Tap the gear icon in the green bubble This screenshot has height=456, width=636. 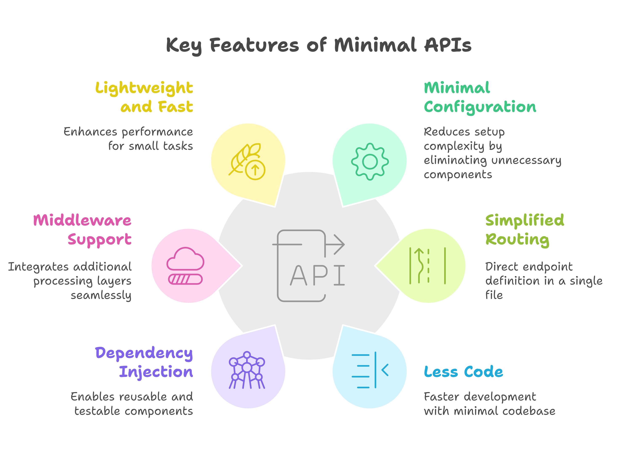pyautogui.click(x=370, y=162)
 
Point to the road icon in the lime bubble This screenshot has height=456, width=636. pyautogui.click(x=427, y=266)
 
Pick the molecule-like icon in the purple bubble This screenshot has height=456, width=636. pyautogui.click(x=247, y=370)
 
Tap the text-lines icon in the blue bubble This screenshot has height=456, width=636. pyautogui.click(x=370, y=370)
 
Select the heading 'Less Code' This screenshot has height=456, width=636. pyautogui.click(x=463, y=372)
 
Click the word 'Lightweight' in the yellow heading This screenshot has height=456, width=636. pyautogui.click(x=144, y=88)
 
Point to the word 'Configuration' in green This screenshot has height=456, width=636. pyautogui.click(x=480, y=107)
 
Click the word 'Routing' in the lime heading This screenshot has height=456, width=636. pyautogui.click(x=517, y=240)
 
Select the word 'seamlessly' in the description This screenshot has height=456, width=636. pyautogui.click(x=101, y=295)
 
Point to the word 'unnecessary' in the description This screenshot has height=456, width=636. pyautogui.click(x=526, y=160)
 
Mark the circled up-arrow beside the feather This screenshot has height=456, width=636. pyautogui.click(x=255, y=170)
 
